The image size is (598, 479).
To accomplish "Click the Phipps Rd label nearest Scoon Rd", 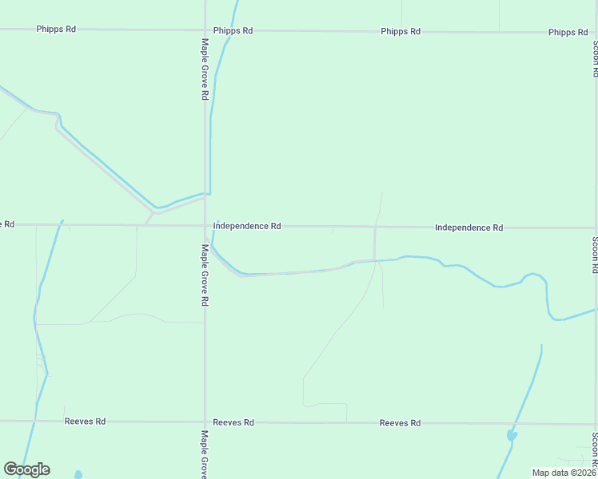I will pos(568,33).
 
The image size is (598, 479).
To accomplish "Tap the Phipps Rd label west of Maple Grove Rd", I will pos(56,29).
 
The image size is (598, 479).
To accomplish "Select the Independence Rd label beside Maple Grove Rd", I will pos(247,227).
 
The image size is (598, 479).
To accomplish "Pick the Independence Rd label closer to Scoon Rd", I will pos(468,228).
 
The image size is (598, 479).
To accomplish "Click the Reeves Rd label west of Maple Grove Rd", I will pos(86,422).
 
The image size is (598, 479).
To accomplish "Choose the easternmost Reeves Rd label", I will pos(400,423).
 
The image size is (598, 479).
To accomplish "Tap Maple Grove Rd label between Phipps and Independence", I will pos(205,69).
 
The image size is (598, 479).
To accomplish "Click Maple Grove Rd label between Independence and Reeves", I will pos(205,275).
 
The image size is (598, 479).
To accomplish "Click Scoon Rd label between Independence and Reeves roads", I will pos(594,255).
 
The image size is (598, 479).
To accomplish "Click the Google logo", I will pos(26,469).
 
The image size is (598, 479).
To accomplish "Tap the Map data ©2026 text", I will pos(564,473).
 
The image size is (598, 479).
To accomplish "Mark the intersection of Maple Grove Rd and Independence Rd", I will pos(205,226).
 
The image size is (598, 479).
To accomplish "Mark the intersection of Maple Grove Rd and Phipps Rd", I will pos(205,30).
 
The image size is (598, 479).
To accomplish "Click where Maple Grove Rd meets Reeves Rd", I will pos(205,422).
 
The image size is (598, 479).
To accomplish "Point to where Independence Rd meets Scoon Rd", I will pos(595,228).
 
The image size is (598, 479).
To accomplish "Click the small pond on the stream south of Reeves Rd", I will pos(512,436).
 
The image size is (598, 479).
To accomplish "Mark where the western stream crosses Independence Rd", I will pos(61,225).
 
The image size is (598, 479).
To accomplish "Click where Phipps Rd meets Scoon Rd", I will pos(595,33).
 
